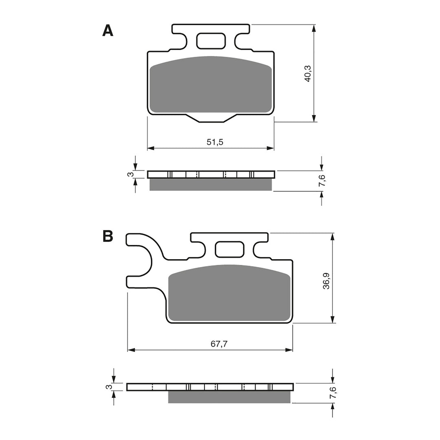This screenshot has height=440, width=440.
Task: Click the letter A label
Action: pos(108,31)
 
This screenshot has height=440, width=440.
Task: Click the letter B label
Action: pos(108,236)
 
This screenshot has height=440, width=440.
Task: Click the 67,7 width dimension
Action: pos(219,343)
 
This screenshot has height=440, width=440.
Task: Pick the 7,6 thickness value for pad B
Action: pos(333,393)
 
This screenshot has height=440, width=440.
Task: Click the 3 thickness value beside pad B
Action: pos(108,387)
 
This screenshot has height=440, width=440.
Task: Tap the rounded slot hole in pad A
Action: pos(211,41)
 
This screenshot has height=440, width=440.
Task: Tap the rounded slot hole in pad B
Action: pos(229,249)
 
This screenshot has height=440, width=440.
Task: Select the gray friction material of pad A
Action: pos(211,86)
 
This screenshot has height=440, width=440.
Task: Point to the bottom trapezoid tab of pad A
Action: pos(211,118)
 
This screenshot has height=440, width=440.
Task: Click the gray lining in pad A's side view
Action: pos(211,185)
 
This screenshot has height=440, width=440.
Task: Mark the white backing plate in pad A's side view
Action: pos(211,175)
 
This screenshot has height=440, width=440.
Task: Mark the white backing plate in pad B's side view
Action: pos(210,387)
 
